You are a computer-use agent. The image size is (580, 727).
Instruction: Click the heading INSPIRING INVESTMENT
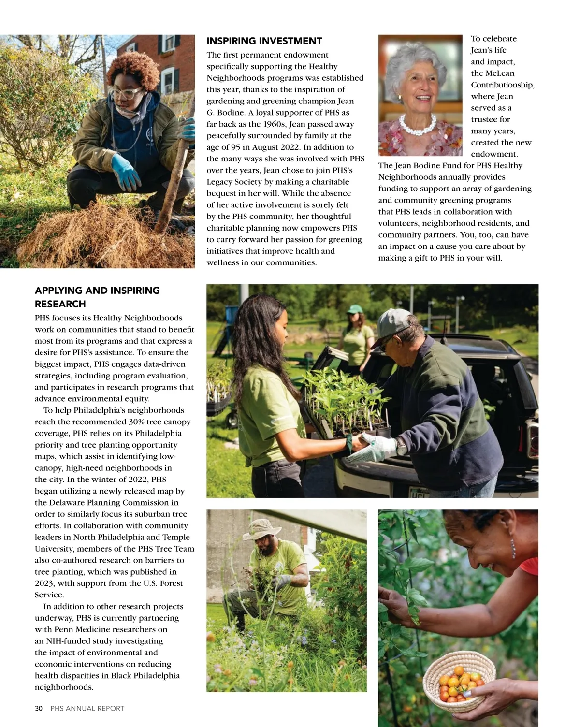pyautogui.click(x=264, y=41)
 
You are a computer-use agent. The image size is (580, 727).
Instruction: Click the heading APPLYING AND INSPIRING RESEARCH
pyautogui.click(x=97, y=297)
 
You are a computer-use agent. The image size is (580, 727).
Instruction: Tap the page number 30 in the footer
pyautogui.click(x=39, y=708)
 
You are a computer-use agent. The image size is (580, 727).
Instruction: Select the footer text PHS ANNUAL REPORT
pyautogui.click(x=87, y=708)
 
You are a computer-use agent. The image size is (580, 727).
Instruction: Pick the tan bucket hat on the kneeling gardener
pyautogui.click(x=261, y=528)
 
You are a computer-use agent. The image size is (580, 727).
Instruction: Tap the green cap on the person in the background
pyautogui.click(x=356, y=308)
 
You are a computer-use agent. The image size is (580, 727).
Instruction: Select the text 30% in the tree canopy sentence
pyautogui.click(x=139, y=422)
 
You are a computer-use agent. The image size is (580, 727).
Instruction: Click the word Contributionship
pyautogui.click(x=503, y=85)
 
